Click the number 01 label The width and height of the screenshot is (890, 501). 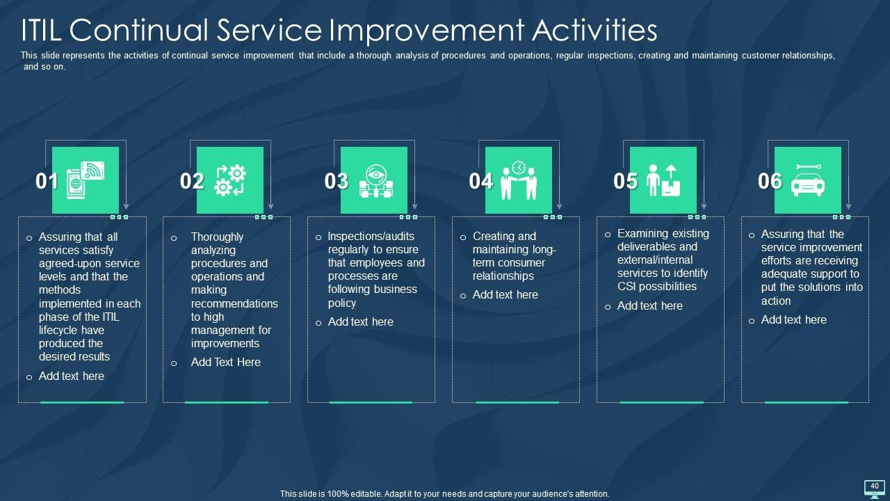point(47,181)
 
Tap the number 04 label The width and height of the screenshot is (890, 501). point(480,181)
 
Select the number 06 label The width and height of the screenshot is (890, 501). point(770,181)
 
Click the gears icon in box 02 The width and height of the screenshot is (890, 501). point(230,180)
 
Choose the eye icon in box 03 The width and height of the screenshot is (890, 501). point(376,182)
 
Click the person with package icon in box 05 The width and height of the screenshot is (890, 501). point(663,180)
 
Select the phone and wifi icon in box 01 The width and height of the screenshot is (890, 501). point(86,180)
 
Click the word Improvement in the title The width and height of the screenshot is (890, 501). point(427,31)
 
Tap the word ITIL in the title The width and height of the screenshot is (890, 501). point(41,30)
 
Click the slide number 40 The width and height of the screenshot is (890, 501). point(875,486)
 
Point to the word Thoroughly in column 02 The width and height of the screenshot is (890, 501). point(217,237)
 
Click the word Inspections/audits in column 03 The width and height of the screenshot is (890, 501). point(371,236)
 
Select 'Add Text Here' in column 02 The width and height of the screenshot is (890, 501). point(226,363)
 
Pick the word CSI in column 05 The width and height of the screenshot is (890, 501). point(626,286)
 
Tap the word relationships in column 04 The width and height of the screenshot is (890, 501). point(503,276)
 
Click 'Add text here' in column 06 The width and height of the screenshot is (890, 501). point(793,319)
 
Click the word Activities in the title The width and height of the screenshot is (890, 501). point(594,31)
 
